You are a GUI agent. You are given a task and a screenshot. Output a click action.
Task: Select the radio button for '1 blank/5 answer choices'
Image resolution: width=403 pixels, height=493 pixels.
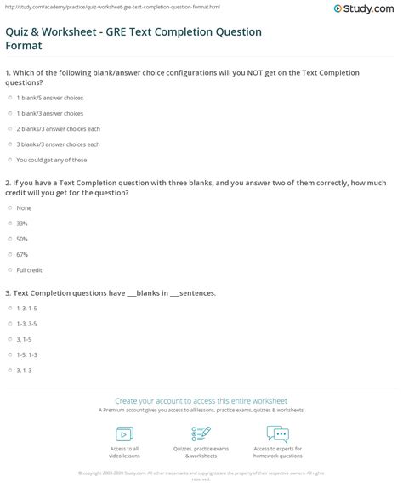pyautogui.click(x=9, y=98)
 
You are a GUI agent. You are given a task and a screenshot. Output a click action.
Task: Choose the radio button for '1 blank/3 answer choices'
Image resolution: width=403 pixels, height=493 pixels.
pyautogui.click(x=9, y=113)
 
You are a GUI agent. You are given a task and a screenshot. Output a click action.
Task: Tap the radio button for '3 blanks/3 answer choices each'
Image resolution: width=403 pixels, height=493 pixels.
pyautogui.click(x=9, y=144)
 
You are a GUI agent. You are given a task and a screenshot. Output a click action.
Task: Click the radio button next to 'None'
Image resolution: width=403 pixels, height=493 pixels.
pyautogui.click(x=9, y=208)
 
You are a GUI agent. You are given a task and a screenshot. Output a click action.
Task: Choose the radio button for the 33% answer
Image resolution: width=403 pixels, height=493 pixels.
pyautogui.click(x=9, y=224)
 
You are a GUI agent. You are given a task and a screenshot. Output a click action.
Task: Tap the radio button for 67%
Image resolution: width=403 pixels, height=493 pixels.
pyautogui.click(x=9, y=254)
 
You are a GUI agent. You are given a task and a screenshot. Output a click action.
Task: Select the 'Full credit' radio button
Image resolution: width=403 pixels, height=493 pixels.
pyautogui.click(x=9, y=269)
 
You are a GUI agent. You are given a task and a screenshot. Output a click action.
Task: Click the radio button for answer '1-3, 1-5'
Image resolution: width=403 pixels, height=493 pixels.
pyautogui.click(x=9, y=309)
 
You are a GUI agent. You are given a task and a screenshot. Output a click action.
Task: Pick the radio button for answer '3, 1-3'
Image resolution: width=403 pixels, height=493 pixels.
pyautogui.click(x=9, y=371)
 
